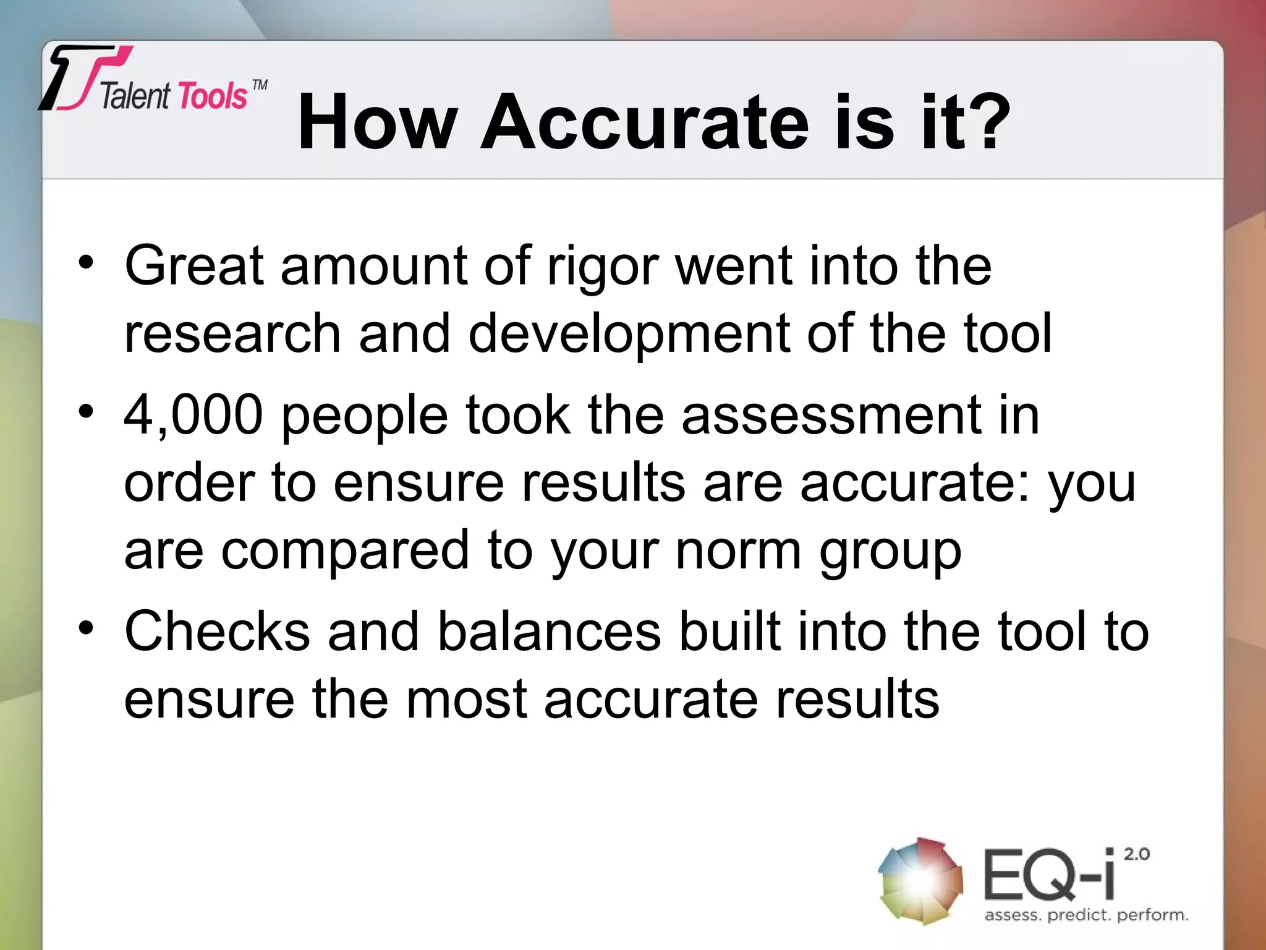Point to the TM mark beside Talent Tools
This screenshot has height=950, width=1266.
click(260, 85)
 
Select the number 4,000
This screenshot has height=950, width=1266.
click(193, 415)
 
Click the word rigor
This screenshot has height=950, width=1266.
click(603, 267)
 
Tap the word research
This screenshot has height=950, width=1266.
click(232, 334)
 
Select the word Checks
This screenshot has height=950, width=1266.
click(217, 631)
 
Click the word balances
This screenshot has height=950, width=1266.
click(549, 631)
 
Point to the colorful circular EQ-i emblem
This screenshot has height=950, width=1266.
click(920, 881)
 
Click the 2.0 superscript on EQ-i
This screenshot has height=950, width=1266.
click(1136, 855)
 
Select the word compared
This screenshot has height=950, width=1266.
click(346, 550)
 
